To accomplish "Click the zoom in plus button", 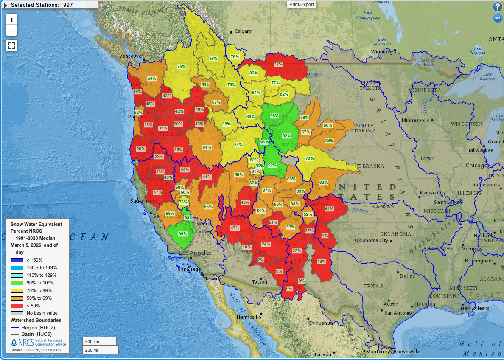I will pos(11,20).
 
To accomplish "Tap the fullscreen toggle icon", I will pos(11,45).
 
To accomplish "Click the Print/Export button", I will pos(302,4).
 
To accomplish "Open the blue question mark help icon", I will pos(497,7).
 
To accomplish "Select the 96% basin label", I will pos(274,116).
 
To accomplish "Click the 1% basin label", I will pos(325,236).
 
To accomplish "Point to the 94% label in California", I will pos(183,234).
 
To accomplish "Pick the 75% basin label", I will pos(182,67).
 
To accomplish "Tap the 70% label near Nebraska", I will pos(310,158).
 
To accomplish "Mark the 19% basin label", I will pos(322,262).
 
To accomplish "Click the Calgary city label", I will pos(243,31).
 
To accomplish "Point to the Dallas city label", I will pos(407,276).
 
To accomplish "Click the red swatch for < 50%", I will pos(17,306).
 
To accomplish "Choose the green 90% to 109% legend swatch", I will pos(17,283).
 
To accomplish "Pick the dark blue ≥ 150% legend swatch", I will pos(17,260).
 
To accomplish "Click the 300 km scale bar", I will pos(99,341).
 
